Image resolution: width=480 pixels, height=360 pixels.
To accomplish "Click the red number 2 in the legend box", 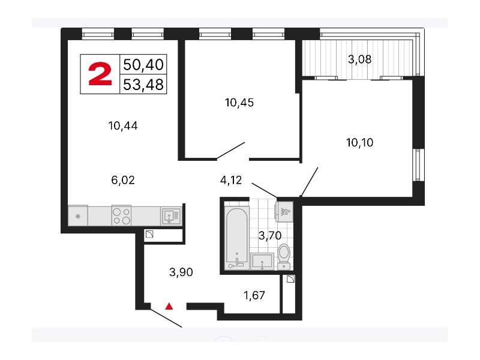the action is [x=100, y=73].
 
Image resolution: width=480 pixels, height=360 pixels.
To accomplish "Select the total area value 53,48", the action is [x=143, y=85].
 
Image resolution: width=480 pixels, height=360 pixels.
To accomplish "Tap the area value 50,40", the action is [x=143, y=65].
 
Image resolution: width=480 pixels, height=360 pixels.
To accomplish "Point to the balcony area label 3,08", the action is [x=359, y=59].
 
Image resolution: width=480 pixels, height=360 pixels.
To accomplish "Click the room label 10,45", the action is [x=239, y=103].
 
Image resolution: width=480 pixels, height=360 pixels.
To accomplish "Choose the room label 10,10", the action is [x=359, y=142].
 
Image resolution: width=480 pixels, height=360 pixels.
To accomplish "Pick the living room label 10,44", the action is [x=123, y=125].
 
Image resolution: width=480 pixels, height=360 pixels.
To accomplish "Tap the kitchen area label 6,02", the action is [x=123, y=180].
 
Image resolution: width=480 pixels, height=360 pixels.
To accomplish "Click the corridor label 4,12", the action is [x=231, y=180].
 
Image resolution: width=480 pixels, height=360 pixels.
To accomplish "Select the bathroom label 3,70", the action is [x=270, y=235].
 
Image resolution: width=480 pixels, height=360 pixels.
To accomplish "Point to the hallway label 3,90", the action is [x=181, y=272].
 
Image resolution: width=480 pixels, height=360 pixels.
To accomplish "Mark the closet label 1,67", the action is [x=254, y=295].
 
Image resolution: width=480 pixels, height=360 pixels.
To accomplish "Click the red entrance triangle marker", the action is [x=169, y=306].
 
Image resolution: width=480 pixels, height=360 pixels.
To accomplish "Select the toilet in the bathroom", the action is [x=284, y=257].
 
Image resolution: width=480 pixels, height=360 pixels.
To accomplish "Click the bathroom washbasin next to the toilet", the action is [x=262, y=262].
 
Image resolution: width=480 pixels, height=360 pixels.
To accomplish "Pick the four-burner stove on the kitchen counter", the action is [x=122, y=215].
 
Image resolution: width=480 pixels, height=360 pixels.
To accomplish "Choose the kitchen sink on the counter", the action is [x=171, y=216].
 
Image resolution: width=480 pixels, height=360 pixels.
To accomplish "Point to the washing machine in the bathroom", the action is [x=284, y=211].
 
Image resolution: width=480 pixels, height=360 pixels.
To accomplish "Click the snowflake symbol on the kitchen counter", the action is [x=78, y=216].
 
